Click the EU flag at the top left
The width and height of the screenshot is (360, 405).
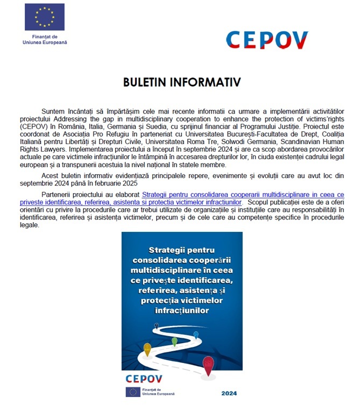tap(45, 17)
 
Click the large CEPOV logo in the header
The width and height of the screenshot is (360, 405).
tap(267, 40)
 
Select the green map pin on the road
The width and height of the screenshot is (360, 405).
tap(174, 341)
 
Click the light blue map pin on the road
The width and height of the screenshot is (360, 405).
tap(196, 334)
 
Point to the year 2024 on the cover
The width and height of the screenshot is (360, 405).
tap(229, 393)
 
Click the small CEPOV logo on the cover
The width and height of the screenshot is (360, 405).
tap(143, 379)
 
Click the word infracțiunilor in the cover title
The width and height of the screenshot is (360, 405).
tap(182, 310)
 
